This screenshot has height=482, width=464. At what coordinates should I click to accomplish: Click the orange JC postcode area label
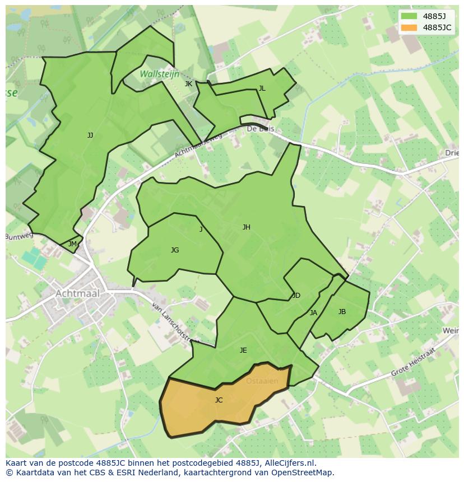click(x=219, y=400)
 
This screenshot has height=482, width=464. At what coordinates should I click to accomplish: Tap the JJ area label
click(x=90, y=135)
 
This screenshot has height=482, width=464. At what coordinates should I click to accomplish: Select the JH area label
click(x=247, y=227)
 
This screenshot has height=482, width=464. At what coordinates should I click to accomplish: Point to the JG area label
click(x=175, y=250)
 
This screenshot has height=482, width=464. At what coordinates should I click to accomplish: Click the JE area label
click(x=243, y=350)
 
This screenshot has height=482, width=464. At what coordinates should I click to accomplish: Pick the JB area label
click(x=342, y=312)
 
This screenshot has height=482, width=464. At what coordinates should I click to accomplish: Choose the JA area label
click(x=313, y=313)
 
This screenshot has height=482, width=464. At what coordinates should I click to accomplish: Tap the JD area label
click(x=296, y=296)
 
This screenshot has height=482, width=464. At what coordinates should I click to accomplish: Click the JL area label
click(x=262, y=88)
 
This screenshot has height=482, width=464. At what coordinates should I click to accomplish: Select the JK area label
click(x=188, y=84)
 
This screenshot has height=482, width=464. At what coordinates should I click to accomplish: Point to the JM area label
click(x=72, y=244)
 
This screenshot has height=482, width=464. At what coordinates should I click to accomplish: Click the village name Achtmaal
click(x=77, y=293)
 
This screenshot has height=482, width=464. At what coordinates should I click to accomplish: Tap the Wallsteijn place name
click(x=160, y=74)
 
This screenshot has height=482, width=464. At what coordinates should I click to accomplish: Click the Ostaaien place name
click(x=262, y=381)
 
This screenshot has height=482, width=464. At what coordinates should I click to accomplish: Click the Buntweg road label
click(x=20, y=236)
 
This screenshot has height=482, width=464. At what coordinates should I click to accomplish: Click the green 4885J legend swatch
click(x=409, y=16)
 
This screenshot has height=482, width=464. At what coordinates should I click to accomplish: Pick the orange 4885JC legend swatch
click(x=409, y=27)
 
